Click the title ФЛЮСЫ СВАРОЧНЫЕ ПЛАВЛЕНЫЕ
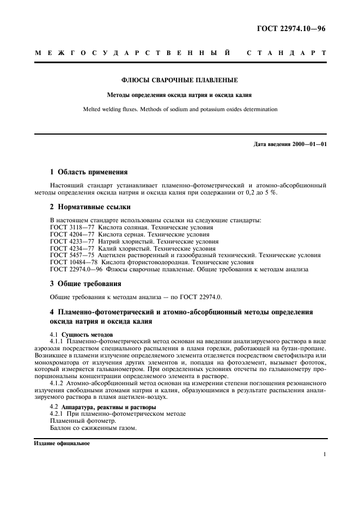180,81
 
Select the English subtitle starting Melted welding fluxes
180,109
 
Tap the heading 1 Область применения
89,172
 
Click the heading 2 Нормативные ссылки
90,207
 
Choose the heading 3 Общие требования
86,284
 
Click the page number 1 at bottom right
324,454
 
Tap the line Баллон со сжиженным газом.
93,428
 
